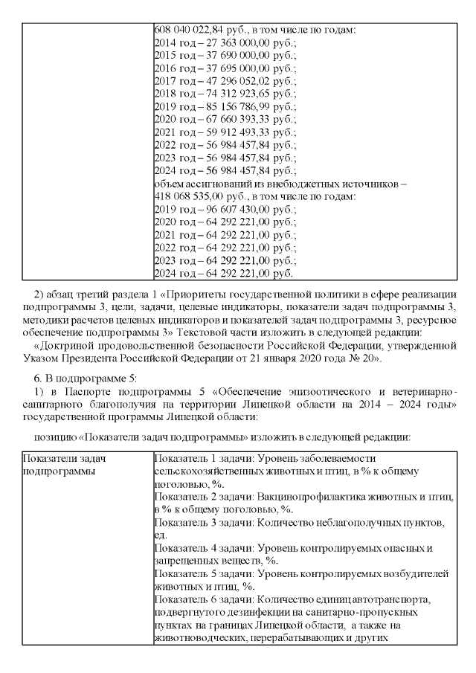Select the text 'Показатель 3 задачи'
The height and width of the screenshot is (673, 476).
(x=203, y=524)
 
